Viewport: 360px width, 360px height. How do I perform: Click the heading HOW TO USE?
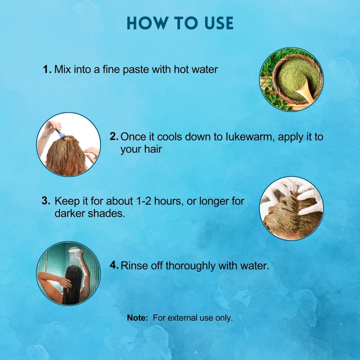pyautogui.click(x=180, y=23)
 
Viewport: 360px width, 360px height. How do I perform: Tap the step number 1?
pyautogui.click(x=47, y=69)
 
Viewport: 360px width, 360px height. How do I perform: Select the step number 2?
pyautogui.click(x=114, y=136)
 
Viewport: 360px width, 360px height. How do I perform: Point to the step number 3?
pyautogui.click(x=46, y=201)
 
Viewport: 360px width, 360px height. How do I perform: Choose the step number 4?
pyautogui.click(x=114, y=265)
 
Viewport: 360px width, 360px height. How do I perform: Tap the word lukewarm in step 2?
pyautogui.click(x=250, y=137)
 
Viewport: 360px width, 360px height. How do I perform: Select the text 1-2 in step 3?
pyautogui.click(x=144, y=201)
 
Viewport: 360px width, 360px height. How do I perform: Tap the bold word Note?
pyautogui.click(x=138, y=318)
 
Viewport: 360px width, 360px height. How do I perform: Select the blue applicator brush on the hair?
pyautogui.click(x=57, y=130)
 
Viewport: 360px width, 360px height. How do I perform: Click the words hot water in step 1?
pyautogui.click(x=196, y=69)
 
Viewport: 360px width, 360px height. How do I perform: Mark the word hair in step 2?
pyautogui.click(x=153, y=149)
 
